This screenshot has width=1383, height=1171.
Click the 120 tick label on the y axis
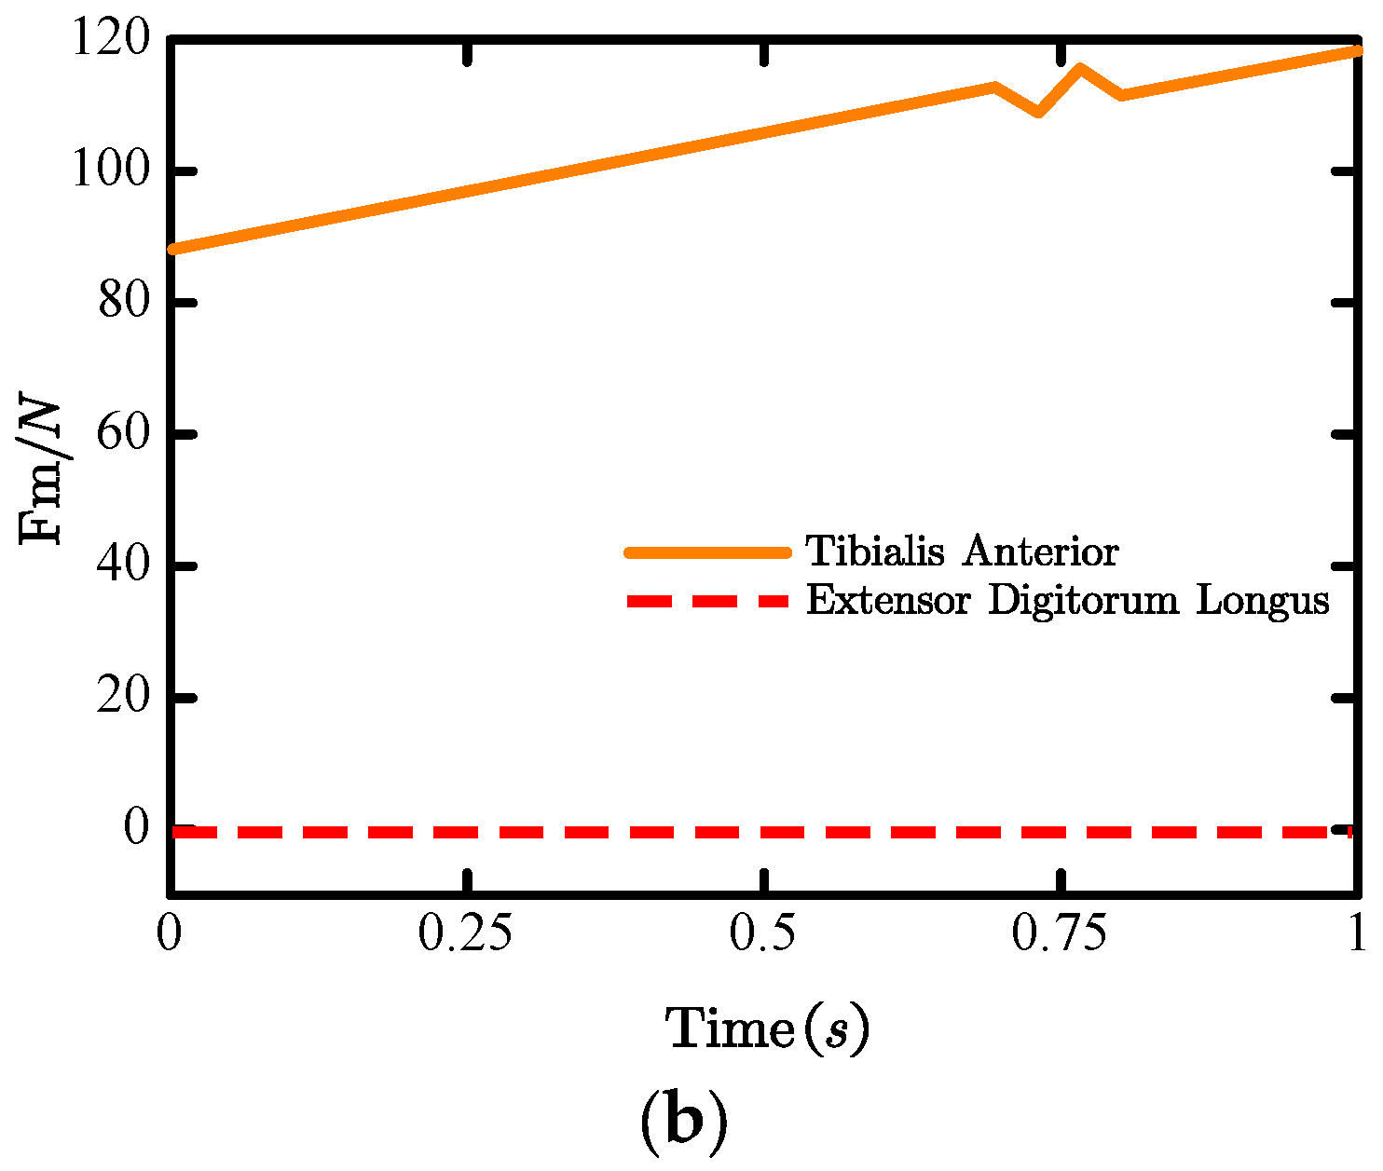click(109, 40)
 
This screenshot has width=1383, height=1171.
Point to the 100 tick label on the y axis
click(109, 172)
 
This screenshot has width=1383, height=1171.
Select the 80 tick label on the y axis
click(124, 304)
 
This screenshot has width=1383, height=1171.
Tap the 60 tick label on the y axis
click(124, 435)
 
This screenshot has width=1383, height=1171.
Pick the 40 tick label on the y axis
click(124, 566)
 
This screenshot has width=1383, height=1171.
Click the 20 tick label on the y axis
click(124, 698)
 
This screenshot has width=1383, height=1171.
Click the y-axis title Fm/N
click(42, 472)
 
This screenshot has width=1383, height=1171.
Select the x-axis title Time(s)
click(767, 1030)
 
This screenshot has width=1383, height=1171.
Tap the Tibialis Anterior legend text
click(962, 551)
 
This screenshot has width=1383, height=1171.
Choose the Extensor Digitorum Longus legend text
click(1067, 600)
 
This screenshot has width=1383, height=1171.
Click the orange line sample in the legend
click(707, 552)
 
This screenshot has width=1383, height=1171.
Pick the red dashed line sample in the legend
click(707, 601)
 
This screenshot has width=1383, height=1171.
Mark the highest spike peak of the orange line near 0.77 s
click(1079, 68)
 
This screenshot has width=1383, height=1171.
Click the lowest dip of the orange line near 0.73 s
click(1038, 112)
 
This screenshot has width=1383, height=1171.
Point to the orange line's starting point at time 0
click(173, 249)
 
